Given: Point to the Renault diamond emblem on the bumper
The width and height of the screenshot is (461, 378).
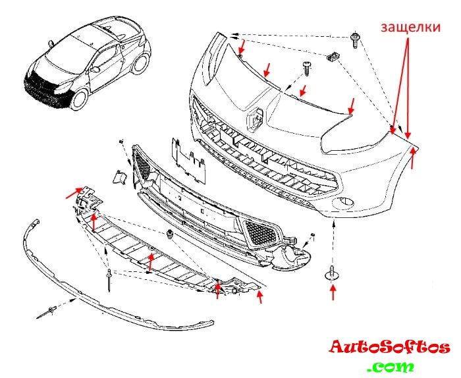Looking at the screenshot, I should [256, 118].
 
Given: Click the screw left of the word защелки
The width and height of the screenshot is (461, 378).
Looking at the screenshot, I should [356, 39].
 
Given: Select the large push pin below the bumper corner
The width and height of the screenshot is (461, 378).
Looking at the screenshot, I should [331, 275].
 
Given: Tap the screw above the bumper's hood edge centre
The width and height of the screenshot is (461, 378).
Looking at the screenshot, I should [307, 68].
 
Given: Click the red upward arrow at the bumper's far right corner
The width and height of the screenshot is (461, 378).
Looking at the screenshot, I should [413, 159].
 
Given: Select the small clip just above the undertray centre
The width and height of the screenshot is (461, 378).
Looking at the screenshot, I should [171, 235].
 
